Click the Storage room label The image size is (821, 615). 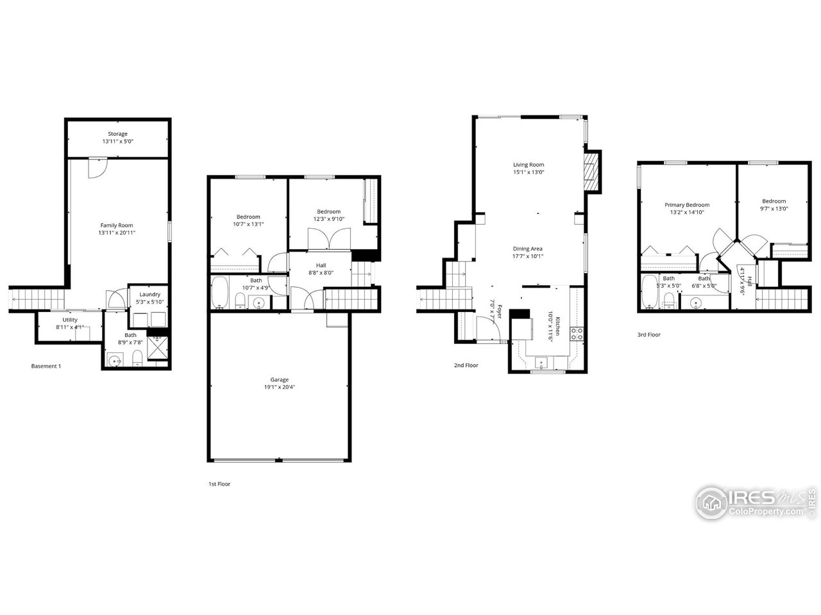click(117, 134)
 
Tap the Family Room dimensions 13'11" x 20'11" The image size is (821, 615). click(117, 233)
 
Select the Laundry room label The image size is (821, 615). click(149, 294)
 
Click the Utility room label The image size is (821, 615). click(70, 320)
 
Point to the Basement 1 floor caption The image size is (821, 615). click(46, 366)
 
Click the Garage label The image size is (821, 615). click(279, 379)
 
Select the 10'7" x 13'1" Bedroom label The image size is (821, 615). click(248, 217)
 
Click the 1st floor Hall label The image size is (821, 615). click(321, 265)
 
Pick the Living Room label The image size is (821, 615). click(529, 165)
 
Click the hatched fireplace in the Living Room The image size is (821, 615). click(593, 171)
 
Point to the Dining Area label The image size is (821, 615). click(528, 249)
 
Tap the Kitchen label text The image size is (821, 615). click(558, 327)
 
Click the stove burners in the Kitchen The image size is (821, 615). click(576, 332)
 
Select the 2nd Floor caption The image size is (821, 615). click(466, 365)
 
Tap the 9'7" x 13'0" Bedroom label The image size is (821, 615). click(774, 201)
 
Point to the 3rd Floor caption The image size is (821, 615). click(648, 334)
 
